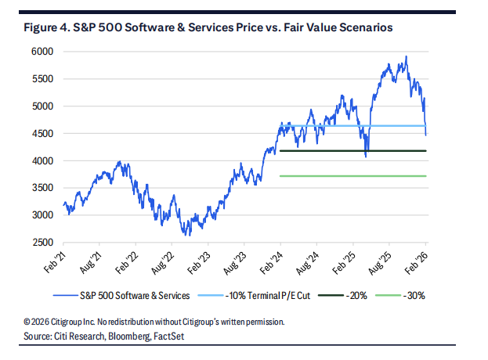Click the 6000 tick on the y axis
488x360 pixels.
coord(44,51)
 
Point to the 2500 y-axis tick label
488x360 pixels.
coord(44,243)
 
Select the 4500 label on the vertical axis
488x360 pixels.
coord(44,134)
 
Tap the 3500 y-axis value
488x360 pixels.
coord(44,189)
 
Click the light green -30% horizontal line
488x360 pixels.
coord(352,176)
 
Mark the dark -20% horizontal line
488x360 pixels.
coord(352,150)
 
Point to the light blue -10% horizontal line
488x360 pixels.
coord(352,125)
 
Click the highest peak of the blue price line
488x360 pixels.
coord(406,56)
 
